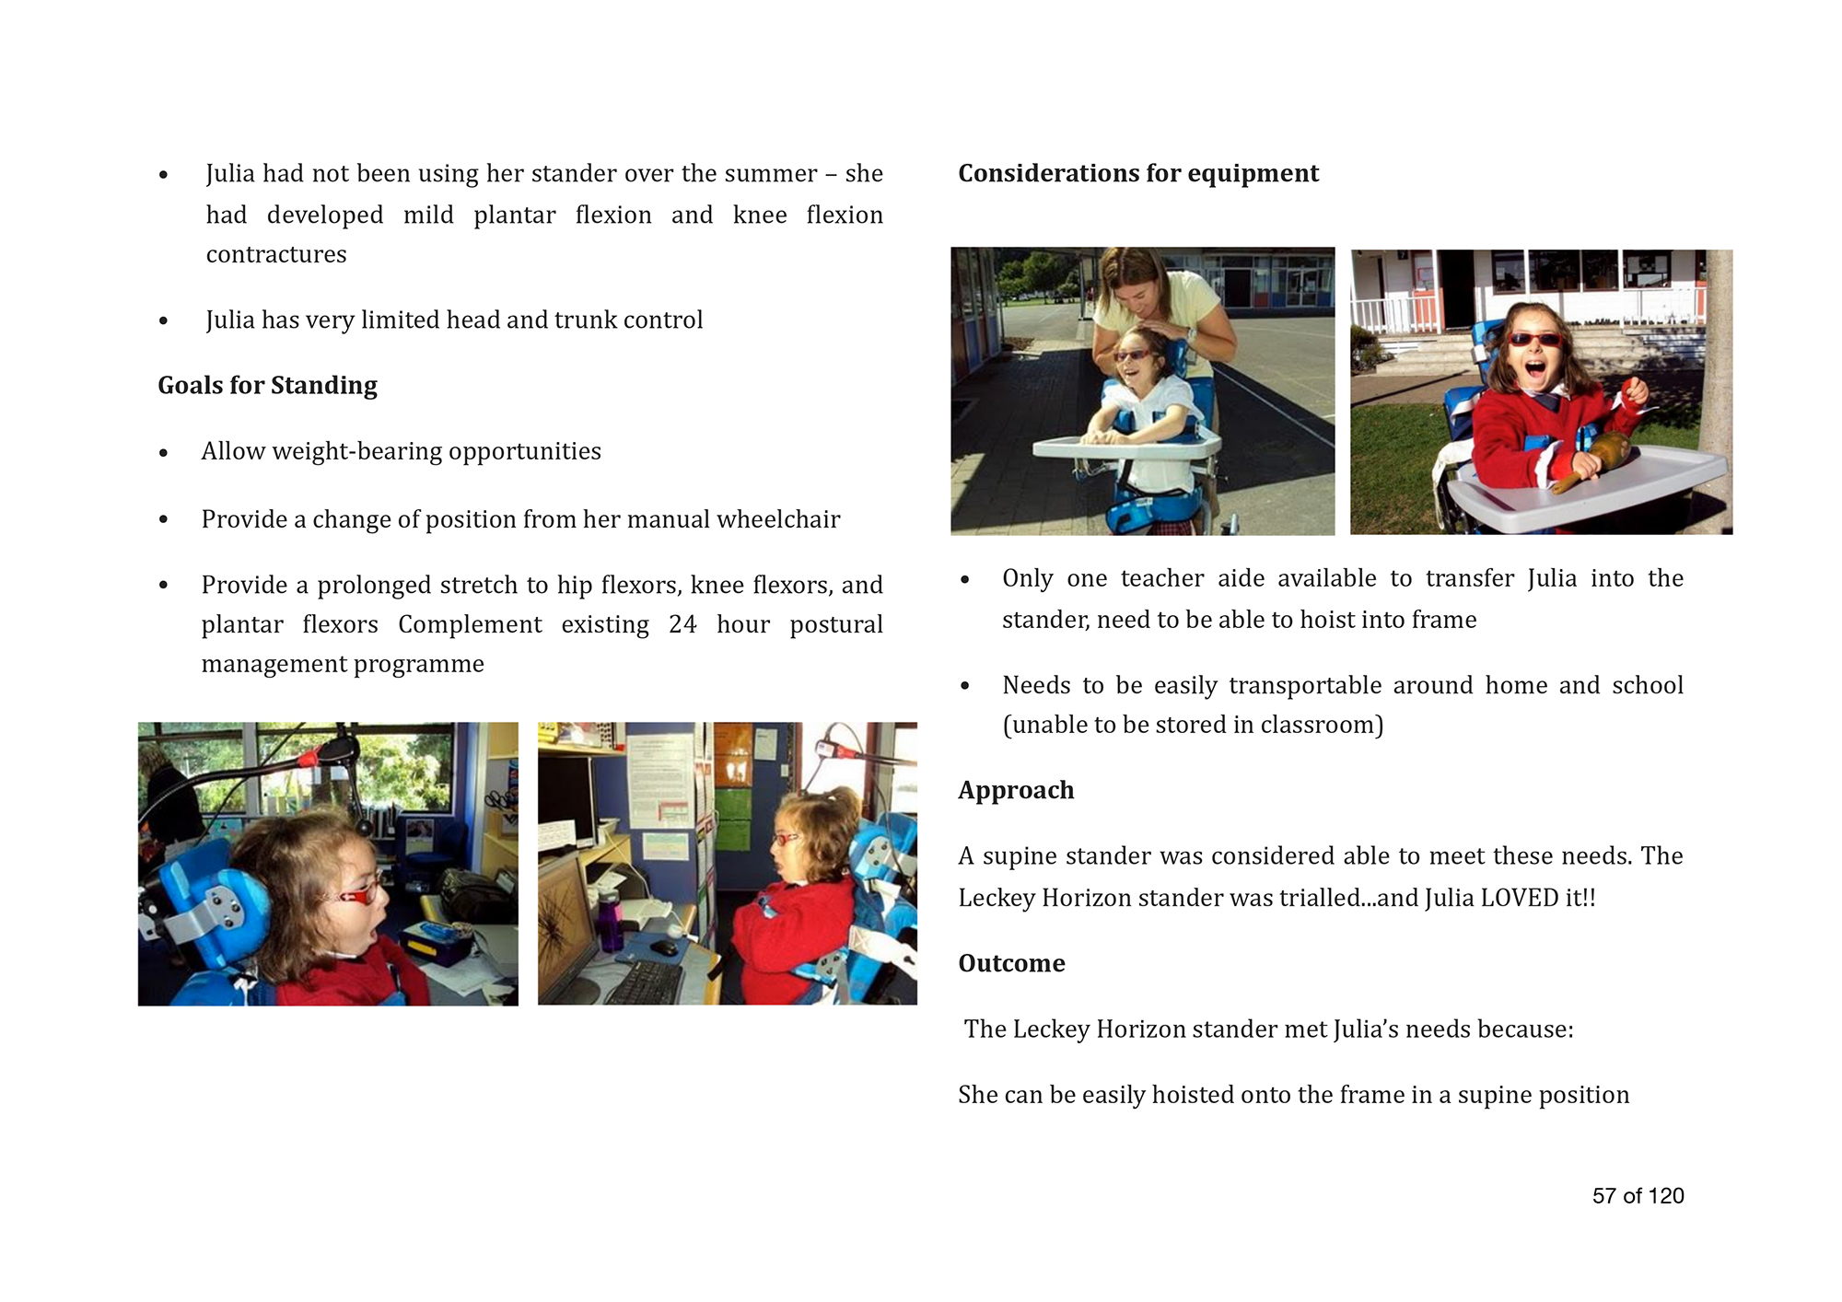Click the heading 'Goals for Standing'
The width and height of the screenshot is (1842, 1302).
(267, 385)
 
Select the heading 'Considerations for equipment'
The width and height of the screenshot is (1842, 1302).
(1138, 173)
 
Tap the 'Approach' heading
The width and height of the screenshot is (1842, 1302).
(1016, 790)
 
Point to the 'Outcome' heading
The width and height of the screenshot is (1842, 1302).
(1011, 963)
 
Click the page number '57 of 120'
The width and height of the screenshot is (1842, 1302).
(1638, 1195)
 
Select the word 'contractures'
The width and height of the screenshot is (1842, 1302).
(276, 254)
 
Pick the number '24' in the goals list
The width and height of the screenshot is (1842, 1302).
(682, 624)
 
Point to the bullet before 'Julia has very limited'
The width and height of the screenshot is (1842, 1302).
(163, 320)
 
